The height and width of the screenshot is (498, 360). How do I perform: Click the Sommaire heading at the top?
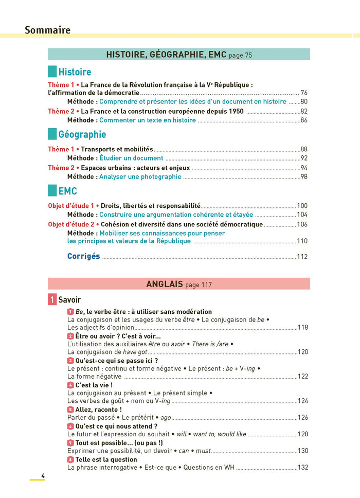pos(47,30)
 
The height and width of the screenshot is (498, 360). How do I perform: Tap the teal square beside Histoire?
pos(52,72)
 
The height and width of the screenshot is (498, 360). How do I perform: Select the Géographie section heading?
pos(82,134)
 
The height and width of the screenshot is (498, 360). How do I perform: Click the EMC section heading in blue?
pos(67,191)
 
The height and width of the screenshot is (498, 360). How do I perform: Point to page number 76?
pos(304,93)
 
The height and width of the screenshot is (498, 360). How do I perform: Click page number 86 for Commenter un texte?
pos(304,120)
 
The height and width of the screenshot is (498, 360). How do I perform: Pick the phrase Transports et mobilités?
pos(117,149)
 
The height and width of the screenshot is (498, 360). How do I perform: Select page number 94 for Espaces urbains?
pos(304,168)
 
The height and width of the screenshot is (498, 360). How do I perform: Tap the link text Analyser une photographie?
pos(140,177)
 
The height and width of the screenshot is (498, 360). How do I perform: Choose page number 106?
pos(302,224)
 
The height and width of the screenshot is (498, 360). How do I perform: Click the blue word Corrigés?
pos(83,256)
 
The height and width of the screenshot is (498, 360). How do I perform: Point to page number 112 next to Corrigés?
pos(302,257)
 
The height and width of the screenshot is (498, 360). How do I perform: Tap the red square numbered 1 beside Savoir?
pos(52,300)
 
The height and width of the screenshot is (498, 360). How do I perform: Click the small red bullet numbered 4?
pos(70,385)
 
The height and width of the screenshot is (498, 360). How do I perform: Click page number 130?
pos(303,451)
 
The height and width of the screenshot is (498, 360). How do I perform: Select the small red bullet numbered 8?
pos(70,459)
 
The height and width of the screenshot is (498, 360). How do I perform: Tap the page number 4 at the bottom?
pos(43,476)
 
